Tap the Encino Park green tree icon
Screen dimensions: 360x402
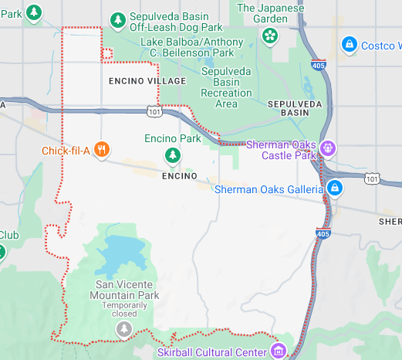click(x=173, y=157)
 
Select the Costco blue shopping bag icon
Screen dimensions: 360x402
click(x=349, y=45)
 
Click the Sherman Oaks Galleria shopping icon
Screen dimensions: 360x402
click(x=334, y=188)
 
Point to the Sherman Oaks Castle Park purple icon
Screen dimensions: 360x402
click(x=329, y=147)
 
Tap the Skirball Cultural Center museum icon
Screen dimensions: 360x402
click(x=279, y=352)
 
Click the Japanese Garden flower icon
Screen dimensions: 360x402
click(x=269, y=35)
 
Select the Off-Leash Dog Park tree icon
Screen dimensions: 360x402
click(x=117, y=19)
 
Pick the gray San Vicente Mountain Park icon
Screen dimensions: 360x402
click(x=123, y=330)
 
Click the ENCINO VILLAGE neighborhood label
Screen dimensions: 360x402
click(x=147, y=80)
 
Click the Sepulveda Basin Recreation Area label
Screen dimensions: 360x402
click(x=226, y=87)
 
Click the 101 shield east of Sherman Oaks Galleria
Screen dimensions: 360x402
click(x=372, y=179)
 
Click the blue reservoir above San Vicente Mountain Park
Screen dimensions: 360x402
click(x=120, y=252)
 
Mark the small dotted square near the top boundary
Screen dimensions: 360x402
click(x=107, y=53)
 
